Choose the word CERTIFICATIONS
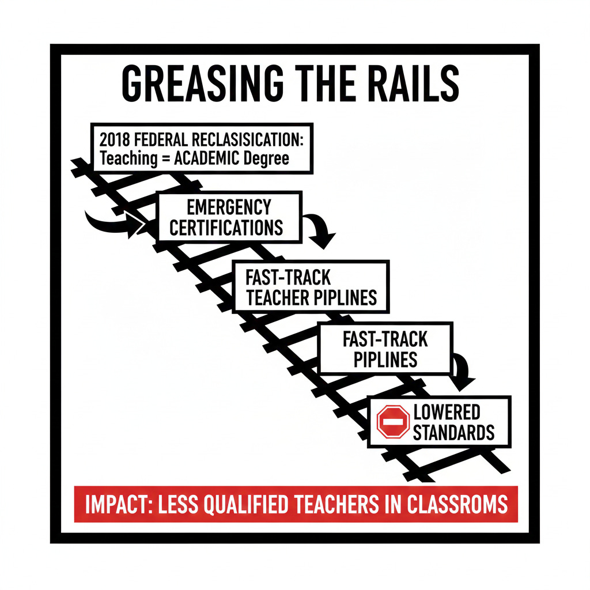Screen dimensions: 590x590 pos(226,227)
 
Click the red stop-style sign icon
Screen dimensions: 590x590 pos(393,422)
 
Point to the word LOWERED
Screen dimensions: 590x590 pos(447,412)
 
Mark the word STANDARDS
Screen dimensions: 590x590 pos(453,432)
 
